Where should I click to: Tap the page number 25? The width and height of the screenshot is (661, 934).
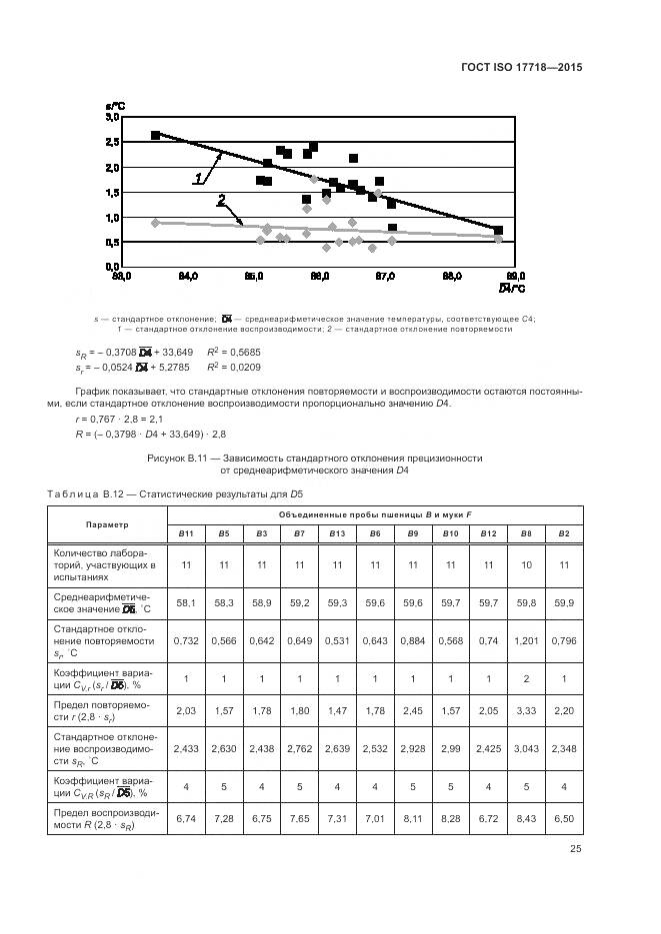pos(574,849)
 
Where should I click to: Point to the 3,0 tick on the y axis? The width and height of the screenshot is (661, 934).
pos(112,117)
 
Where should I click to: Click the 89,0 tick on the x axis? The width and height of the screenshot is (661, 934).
pos(516,276)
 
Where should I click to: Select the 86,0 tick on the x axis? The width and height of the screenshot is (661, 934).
pos(319,276)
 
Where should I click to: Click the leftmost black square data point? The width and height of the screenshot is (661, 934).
pos(155,135)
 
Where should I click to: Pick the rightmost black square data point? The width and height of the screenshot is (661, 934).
pos(498,231)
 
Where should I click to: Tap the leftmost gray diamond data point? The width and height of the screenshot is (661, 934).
pos(155,223)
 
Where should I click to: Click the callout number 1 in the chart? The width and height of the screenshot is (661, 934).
pos(198,178)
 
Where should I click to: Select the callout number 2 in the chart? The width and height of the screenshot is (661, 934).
pos(221,200)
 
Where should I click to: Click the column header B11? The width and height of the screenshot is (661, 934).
pos(186,534)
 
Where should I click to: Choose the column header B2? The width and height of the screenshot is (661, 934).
pos(563,534)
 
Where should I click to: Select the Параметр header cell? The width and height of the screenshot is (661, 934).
pos(106,523)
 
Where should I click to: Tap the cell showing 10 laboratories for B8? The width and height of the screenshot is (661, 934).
pos(526,564)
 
